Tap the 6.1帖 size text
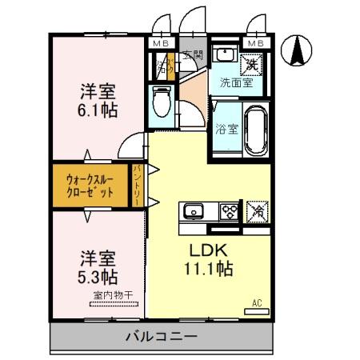coord(99,110)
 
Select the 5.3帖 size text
coord(98,278)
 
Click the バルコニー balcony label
coord(160,336)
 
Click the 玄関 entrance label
coord(192,56)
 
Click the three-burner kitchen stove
coord(230,212)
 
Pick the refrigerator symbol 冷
coord(258,211)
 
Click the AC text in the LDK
coord(258,303)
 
